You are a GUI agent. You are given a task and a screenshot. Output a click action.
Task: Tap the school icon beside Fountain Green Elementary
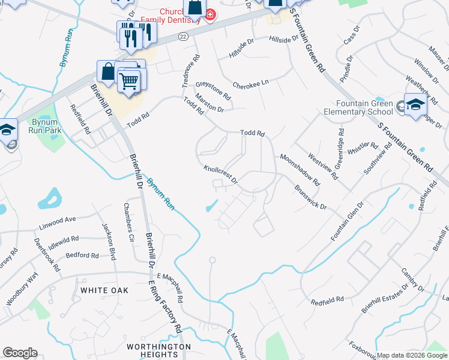click(x=415, y=105)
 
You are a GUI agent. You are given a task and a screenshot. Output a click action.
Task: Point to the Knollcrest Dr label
click(x=220, y=175)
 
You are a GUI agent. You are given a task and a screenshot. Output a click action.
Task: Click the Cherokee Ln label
click(x=250, y=85)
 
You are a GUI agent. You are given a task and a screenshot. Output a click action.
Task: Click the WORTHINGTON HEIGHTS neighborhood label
click(x=158, y=350)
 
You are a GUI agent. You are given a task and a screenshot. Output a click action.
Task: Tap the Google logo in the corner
click(x=20, y=353)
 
